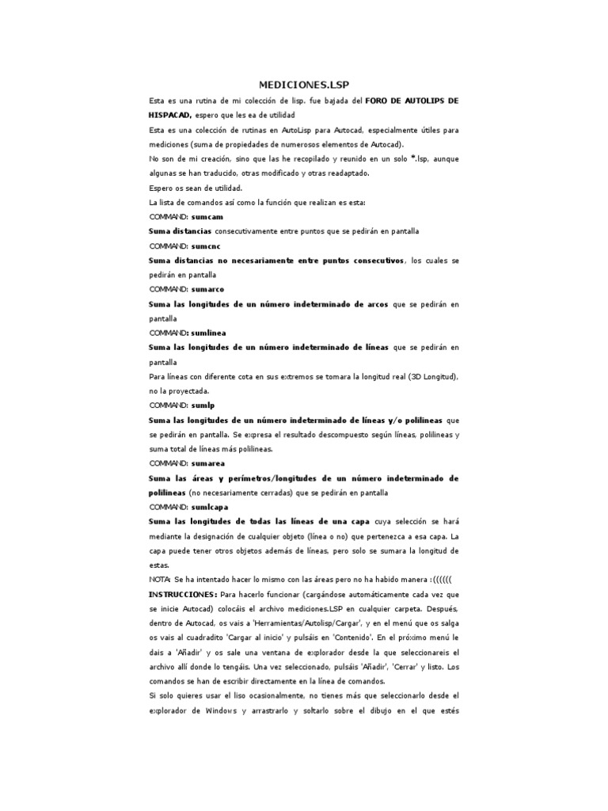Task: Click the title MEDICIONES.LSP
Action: [303, 84]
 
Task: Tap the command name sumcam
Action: [208, 216]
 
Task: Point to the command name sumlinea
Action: [210, 333]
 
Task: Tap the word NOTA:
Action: [160, 580]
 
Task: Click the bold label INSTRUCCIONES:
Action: [183, 594]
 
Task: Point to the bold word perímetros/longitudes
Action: [262, 478]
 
